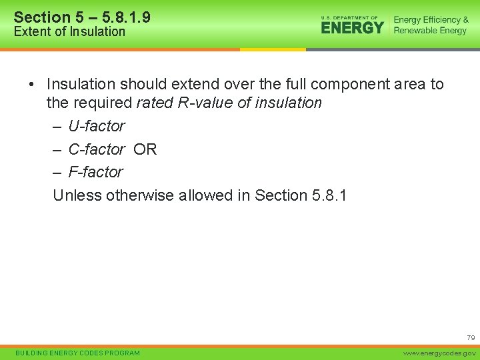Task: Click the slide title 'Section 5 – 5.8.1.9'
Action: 82,17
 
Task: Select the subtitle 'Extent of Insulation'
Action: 69,31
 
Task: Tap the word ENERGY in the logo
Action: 352,27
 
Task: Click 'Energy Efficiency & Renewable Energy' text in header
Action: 431,25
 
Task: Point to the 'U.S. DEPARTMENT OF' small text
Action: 349,17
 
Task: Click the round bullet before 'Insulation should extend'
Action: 31,85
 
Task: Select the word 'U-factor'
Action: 96,126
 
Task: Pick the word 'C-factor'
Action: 96,149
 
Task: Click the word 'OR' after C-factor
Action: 145,149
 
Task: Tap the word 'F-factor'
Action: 95,172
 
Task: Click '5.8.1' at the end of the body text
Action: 329,195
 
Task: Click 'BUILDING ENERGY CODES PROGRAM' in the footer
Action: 77,353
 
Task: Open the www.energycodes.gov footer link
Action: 441,353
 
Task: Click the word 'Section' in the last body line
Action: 281,195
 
